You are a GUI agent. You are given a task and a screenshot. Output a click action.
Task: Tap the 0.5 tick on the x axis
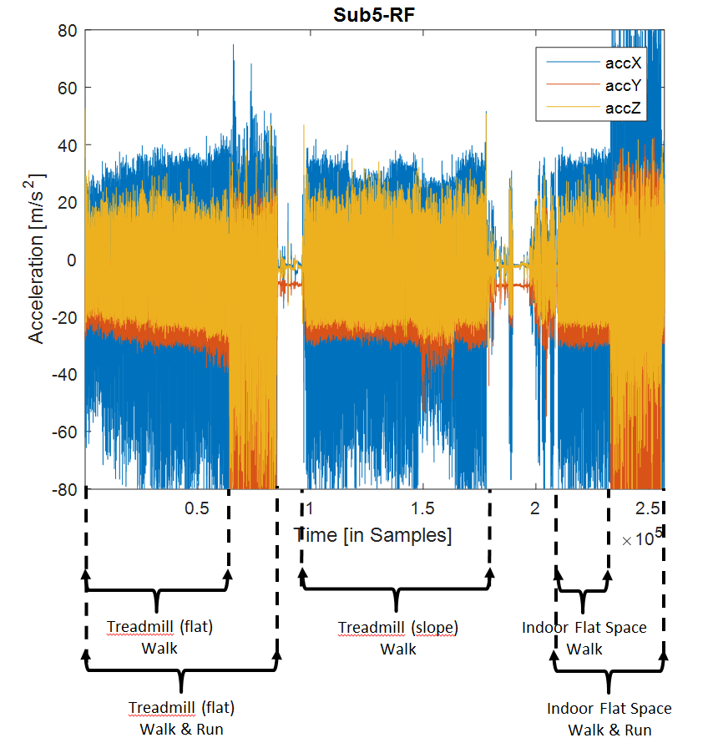pos(197,508)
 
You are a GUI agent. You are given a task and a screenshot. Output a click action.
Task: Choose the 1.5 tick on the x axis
pos(423,508)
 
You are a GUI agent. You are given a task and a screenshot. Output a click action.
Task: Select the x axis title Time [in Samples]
pos(373,535)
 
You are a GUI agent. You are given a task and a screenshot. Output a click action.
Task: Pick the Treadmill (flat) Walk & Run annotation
pos(182,718)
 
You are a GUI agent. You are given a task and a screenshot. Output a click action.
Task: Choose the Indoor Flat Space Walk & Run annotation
pos(609,718)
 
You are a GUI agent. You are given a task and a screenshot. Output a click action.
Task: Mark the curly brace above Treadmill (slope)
pos(397,596)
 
